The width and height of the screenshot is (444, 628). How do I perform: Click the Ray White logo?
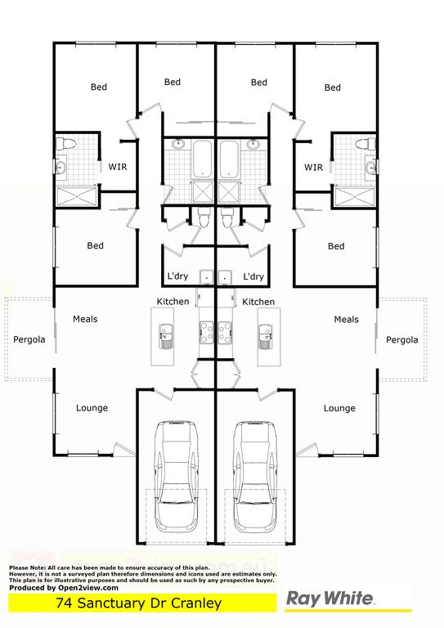(330, 599)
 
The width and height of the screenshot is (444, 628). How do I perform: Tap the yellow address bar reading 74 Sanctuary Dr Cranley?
(142, 603)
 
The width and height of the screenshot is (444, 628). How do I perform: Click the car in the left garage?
(177, 476)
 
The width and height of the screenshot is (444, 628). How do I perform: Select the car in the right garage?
(255, 476)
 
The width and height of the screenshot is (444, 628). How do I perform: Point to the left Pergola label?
(29, 339)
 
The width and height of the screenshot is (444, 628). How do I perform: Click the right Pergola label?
(402, 340)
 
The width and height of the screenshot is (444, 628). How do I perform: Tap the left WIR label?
(118, 167)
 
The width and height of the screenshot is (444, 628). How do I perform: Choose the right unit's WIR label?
(313, 167)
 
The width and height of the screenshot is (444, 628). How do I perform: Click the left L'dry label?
(177, 276)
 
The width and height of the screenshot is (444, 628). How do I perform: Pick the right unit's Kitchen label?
(258, 302)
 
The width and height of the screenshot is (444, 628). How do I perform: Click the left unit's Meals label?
(85, 319)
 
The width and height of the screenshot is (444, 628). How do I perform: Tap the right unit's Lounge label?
(339, 408)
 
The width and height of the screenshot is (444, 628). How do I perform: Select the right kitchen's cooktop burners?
(226, 333)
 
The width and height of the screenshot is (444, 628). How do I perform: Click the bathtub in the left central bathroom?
(203, 159)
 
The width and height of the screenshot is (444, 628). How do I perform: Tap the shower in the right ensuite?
(355, 197)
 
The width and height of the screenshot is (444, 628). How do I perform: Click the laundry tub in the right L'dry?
(225, 276)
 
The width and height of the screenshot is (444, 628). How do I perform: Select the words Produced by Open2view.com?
(64, 588)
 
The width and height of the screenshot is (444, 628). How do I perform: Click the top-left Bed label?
(99, 87)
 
